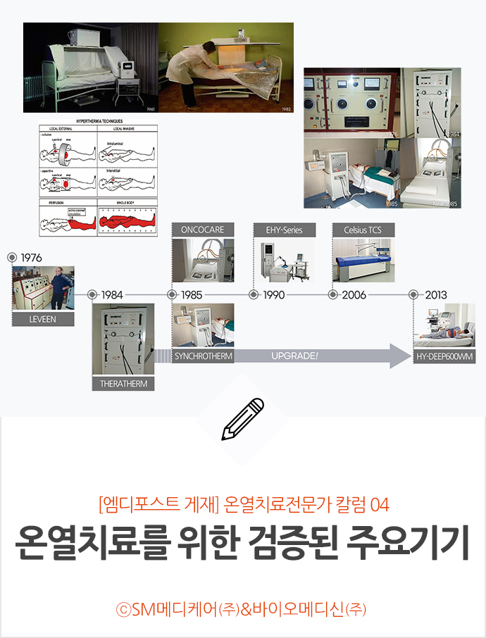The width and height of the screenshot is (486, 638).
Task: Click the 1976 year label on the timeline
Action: [x=31, y=258]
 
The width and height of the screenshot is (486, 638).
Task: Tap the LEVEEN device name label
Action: [x=43, y=319]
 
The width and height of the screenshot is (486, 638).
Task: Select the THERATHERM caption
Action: [x=123, y=384]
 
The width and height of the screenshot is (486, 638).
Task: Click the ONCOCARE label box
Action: [x=203, y=230]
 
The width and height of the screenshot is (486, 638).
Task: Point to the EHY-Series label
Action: [x=284, y=230]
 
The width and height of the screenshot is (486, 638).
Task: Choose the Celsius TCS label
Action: [x=363, y=230]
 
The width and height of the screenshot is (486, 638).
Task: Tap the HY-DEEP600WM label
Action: [x=444, y=357]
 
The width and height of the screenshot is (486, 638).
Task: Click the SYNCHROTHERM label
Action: [x=203, y=356]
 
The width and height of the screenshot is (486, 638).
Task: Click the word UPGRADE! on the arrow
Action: [x=294, y=356]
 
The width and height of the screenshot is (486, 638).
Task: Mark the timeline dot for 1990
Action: [x=254, y=295]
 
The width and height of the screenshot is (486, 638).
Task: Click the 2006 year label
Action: [x=354, y=295]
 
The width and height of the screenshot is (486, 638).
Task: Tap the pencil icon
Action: [x=242, y=419]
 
